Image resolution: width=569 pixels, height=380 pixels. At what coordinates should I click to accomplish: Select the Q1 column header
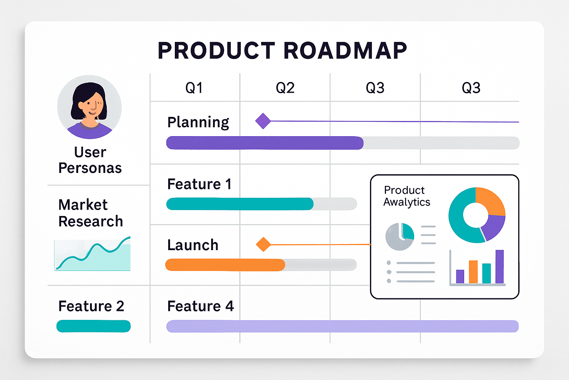pyautogui.click(x=194, y=88)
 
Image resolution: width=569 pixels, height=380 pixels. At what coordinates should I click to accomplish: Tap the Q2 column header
pyautogui.click(x=285, y=88)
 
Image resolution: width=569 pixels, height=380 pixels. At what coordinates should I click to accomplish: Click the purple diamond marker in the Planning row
pyautogui.click(x=263, y=121)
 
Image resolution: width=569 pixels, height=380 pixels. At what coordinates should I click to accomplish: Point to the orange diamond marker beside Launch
pyautogui.click(x=263, y=245)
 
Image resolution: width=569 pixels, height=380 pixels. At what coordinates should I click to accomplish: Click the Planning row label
pyautogui.click(x=198, y=122)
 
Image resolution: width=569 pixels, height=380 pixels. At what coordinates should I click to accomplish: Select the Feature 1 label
pyautogui.click(x=199, y=184)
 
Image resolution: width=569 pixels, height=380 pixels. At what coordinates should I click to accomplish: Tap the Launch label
pyautogui.click(x=193, y=245)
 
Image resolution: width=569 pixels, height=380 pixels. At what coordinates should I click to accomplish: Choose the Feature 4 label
pyautogui.click(x=200, y=306)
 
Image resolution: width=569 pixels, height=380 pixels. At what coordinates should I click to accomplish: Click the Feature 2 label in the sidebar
pyautogui.click(x=91, y=306)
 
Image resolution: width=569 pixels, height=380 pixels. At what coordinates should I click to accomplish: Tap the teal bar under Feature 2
pyautogui.click(x=93, y=326)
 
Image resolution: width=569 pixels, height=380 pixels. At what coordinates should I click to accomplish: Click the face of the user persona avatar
pyautogui.click(x=91, y=105)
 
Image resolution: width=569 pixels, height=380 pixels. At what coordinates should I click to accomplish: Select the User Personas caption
pyautogui.click(x=90, y=160)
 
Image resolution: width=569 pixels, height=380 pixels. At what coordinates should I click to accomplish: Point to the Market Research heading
pyautogui.click(x=90, y=213)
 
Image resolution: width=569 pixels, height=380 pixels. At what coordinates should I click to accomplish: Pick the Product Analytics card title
pyautogui.click(x=406, y=196)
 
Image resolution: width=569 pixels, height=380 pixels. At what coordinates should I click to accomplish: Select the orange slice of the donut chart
pyautogui.click(x=490, y=201)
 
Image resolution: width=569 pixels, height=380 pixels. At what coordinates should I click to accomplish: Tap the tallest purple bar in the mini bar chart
pyautogui.click(x=499, y=266)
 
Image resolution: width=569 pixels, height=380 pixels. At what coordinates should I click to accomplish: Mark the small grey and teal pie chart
pyautogui.click(x=400, y=236)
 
